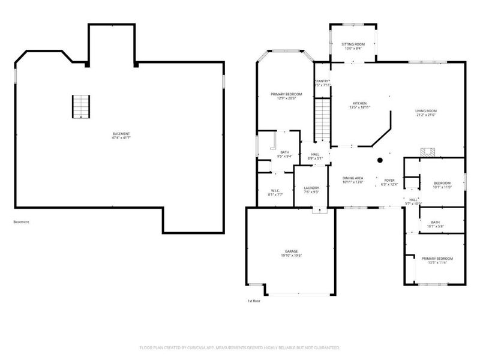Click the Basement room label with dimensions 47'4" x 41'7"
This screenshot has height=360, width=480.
121,136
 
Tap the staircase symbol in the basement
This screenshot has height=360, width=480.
81,106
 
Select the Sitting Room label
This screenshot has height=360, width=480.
353,47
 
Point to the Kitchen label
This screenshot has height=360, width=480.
360,106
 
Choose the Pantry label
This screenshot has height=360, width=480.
323,83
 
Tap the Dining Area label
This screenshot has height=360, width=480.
353,180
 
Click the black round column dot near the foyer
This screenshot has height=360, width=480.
380,160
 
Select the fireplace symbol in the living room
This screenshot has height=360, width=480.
428,152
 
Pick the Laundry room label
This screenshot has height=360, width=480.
311,190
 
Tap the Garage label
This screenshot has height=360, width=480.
292,253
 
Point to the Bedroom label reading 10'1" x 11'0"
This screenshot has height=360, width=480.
442,185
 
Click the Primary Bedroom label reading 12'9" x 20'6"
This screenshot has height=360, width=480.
286,96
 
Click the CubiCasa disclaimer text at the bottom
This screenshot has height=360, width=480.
240,347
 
